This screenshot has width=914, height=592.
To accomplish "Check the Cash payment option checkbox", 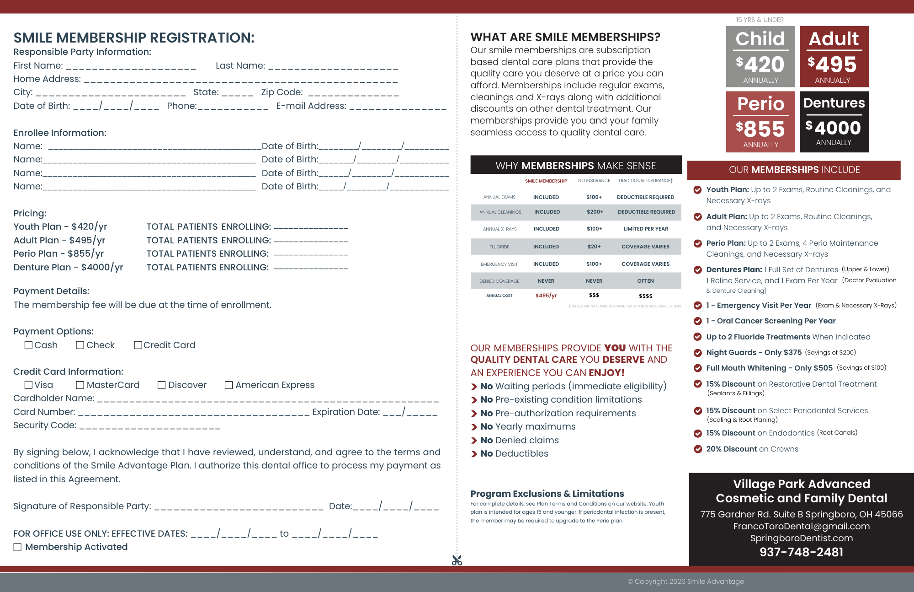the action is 28,345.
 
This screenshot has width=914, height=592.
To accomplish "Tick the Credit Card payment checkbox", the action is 138,345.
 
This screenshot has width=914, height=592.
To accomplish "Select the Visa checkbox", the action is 28,385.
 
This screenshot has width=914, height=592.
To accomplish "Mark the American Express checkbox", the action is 228,385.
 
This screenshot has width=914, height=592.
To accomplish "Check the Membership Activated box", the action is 17,547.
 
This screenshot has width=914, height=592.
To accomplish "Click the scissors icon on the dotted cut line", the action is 457,560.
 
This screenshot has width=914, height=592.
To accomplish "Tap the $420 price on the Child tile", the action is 760,64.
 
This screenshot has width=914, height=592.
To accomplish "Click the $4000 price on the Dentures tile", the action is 833,128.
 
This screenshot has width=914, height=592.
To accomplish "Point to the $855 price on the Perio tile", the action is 760,129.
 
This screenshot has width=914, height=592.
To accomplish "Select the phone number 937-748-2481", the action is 802,552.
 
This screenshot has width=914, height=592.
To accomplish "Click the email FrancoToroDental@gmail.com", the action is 802,526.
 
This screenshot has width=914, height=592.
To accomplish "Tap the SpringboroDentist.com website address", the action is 802,538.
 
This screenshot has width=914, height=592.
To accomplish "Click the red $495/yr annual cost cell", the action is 546,296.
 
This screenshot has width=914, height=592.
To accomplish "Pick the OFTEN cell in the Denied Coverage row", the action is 645,281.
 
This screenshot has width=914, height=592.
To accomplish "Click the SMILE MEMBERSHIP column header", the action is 546,181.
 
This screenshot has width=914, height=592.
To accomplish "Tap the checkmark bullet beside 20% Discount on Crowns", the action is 698,449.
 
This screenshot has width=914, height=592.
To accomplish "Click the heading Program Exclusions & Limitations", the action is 547,494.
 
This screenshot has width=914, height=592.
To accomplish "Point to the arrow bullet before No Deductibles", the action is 474,454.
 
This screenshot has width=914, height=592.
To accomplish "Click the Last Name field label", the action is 240,65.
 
